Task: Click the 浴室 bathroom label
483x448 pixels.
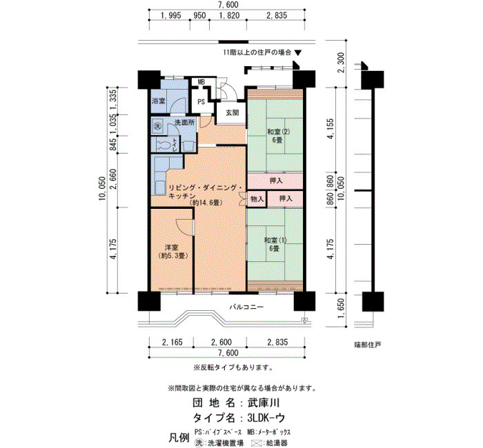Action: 159,101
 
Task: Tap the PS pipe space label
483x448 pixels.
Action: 201,101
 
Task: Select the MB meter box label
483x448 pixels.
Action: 201,82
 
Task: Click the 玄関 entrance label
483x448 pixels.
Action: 233,112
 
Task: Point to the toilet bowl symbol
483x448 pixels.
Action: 164,144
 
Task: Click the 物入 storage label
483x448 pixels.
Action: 257,199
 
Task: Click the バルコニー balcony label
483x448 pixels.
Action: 246,307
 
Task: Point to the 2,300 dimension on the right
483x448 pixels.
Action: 340,71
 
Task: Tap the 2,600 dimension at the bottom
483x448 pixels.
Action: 221,342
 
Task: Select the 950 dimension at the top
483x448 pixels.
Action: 199,15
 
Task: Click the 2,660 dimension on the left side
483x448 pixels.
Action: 114,179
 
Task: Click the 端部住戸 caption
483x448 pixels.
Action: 368,345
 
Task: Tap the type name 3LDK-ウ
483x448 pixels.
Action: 266,418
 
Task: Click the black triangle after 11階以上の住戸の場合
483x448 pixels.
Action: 297,52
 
